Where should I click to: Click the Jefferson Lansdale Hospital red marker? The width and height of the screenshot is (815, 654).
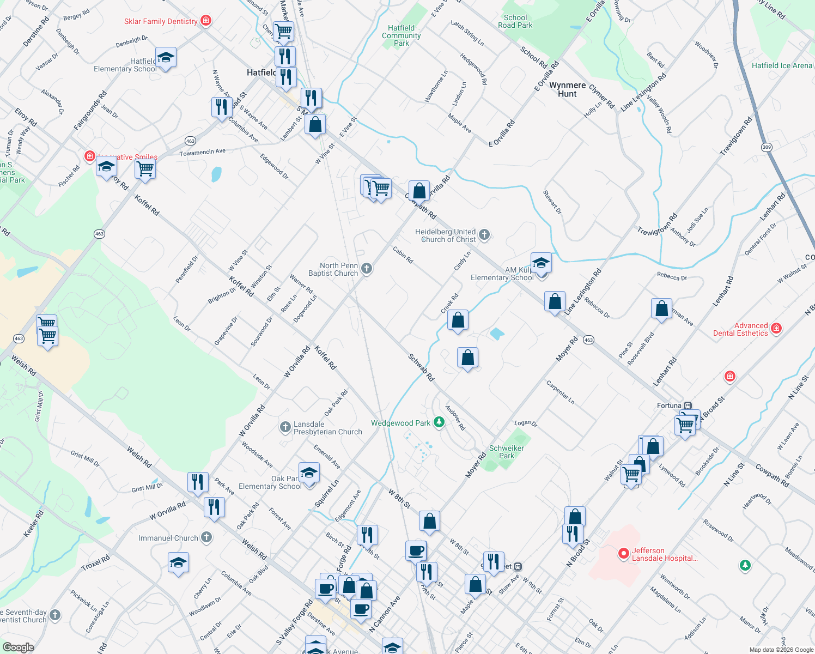(623, 554)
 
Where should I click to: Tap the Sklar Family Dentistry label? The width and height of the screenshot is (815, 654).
(161, 21)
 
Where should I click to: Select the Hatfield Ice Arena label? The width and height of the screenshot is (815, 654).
(782, 65)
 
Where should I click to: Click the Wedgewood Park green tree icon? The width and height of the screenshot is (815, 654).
(439, 422)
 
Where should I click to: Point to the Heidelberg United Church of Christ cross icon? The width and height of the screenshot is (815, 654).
(484, 235)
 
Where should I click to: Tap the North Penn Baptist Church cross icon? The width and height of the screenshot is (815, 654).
(367, 268)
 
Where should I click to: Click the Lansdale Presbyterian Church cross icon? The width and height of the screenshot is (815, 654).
(285, 427)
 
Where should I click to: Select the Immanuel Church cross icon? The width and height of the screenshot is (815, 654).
(206, 537)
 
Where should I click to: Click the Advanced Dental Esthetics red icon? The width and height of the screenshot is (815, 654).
(776, 328)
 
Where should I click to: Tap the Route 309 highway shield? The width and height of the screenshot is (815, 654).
(767, 147)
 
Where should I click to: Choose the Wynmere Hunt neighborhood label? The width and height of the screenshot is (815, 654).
(567, 89)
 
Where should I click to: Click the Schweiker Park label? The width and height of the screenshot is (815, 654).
(506, 452)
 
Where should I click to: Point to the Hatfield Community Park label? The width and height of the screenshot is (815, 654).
(401, 35)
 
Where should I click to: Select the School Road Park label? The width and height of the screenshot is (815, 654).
(515, 21)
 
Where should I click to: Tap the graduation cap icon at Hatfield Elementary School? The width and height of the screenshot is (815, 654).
(166, 57)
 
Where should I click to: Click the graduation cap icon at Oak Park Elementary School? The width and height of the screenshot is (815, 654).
(309, 473)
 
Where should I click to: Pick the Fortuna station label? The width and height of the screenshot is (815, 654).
(669, 405)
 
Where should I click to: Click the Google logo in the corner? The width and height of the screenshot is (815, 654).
(18, 647)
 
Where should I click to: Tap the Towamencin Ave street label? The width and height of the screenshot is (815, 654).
(202, 152)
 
